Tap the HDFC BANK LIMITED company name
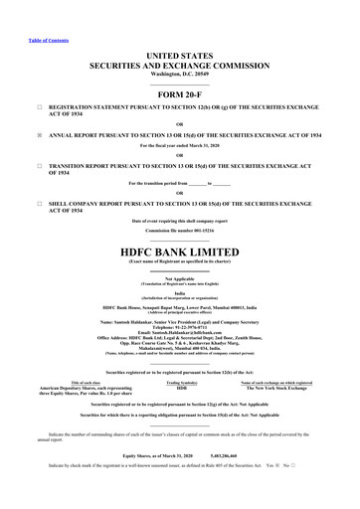click(179, 225)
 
